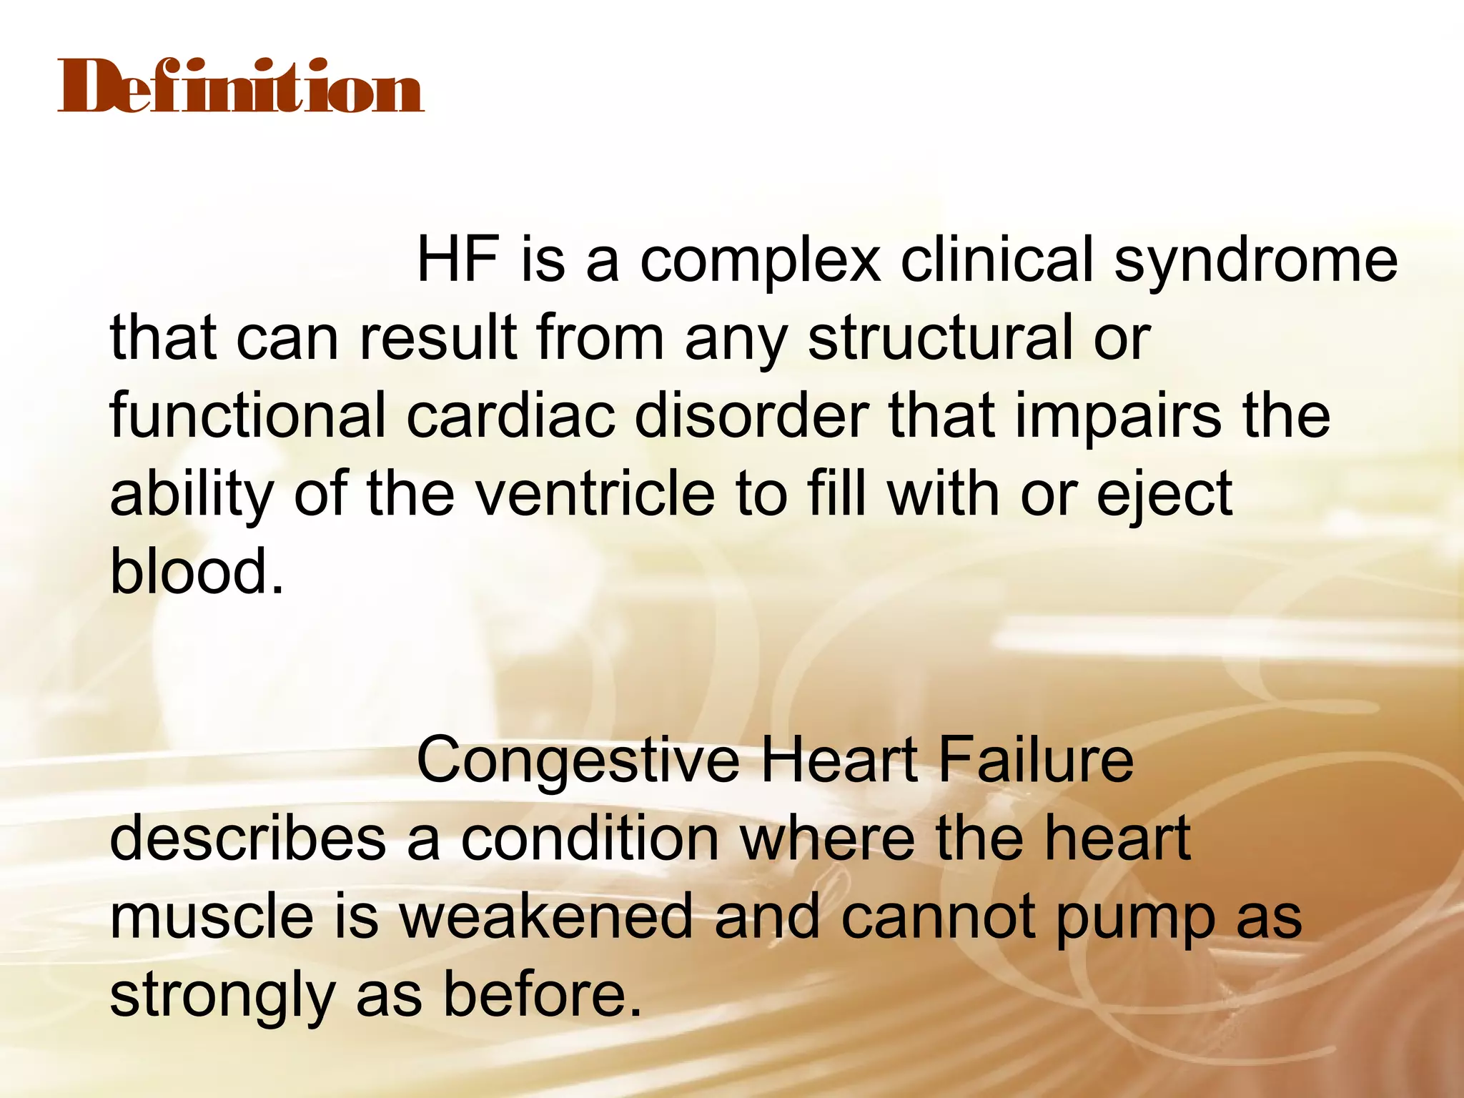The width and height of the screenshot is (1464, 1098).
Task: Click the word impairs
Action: (1119, 417)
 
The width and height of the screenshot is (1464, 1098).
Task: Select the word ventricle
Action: (595, 494)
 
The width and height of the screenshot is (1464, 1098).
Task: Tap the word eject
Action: (1164, 495)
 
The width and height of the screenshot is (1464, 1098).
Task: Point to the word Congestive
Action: (578, 761)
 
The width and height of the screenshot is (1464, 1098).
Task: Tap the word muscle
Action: (212, 916)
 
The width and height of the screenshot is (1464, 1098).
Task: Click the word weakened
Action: (546, 916)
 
